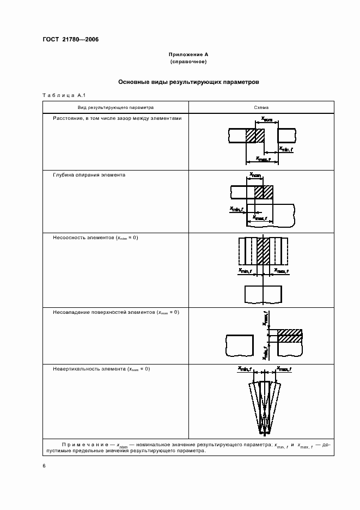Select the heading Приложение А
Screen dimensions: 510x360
click(x=188, y=55)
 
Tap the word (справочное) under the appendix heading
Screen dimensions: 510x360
click(x=188, y=63)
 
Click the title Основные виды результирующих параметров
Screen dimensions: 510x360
click(x=188, y=82)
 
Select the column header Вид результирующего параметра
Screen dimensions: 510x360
click(x=115, y=107)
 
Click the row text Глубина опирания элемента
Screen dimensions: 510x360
click(x=89, y=176)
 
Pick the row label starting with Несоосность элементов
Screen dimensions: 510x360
click(x=95, y=238)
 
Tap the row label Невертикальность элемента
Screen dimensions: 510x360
click(x=101, y=369)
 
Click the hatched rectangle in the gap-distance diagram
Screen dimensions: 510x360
click(x=254, y=136)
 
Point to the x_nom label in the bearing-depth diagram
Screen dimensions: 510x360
click(x=255, y=175)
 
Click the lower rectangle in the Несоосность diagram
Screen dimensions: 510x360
click(x=263, y=294)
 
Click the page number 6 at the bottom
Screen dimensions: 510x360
click(x=44, y=465)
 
